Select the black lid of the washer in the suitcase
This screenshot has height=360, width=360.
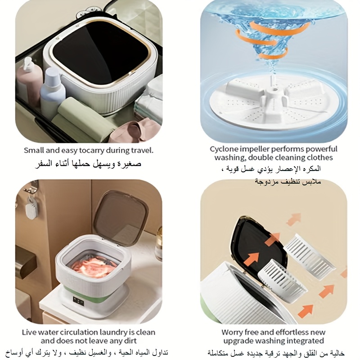[100, 52]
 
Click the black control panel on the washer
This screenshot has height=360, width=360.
[78, 301]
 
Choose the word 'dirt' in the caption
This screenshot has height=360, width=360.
[130, 341]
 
